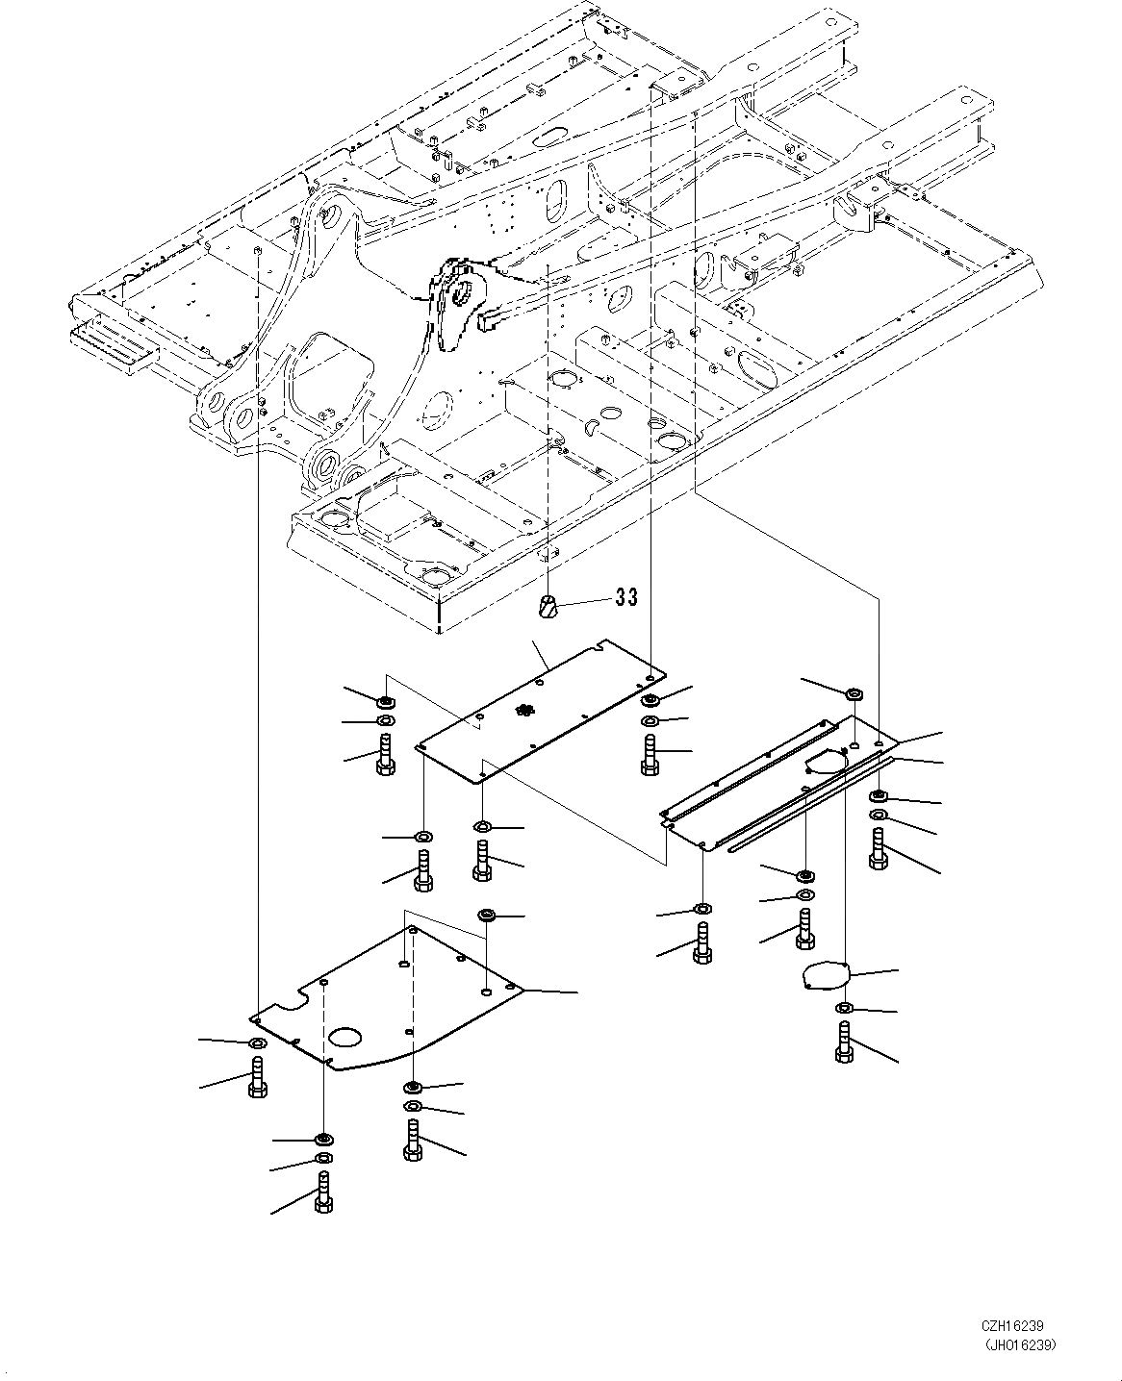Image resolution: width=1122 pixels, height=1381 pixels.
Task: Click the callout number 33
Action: pyautogui.click(x=626, y=597)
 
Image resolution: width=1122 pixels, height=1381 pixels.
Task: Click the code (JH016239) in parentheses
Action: pyautogui.click(x=1024, y=1345)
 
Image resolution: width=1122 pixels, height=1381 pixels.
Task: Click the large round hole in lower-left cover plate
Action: pyautogui.click(x=344, y=1037)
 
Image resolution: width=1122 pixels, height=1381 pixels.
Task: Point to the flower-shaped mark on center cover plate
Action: pyautogui.click(x=524, y=710)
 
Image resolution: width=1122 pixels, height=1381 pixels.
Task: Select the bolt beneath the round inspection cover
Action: pyautogui.click(x=844, y=1042)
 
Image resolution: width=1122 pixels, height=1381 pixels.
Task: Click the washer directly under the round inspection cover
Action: pyautogui.click(x=844, y=1008)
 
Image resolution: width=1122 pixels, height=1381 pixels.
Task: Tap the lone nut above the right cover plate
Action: pyautogui.click(x=854, y=693)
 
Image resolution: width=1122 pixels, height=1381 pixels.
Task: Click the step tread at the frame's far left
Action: pyautogui.click(x=109, y=342)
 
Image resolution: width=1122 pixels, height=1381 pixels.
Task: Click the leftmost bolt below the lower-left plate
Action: pyautogui.click(x=257, y=1077)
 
